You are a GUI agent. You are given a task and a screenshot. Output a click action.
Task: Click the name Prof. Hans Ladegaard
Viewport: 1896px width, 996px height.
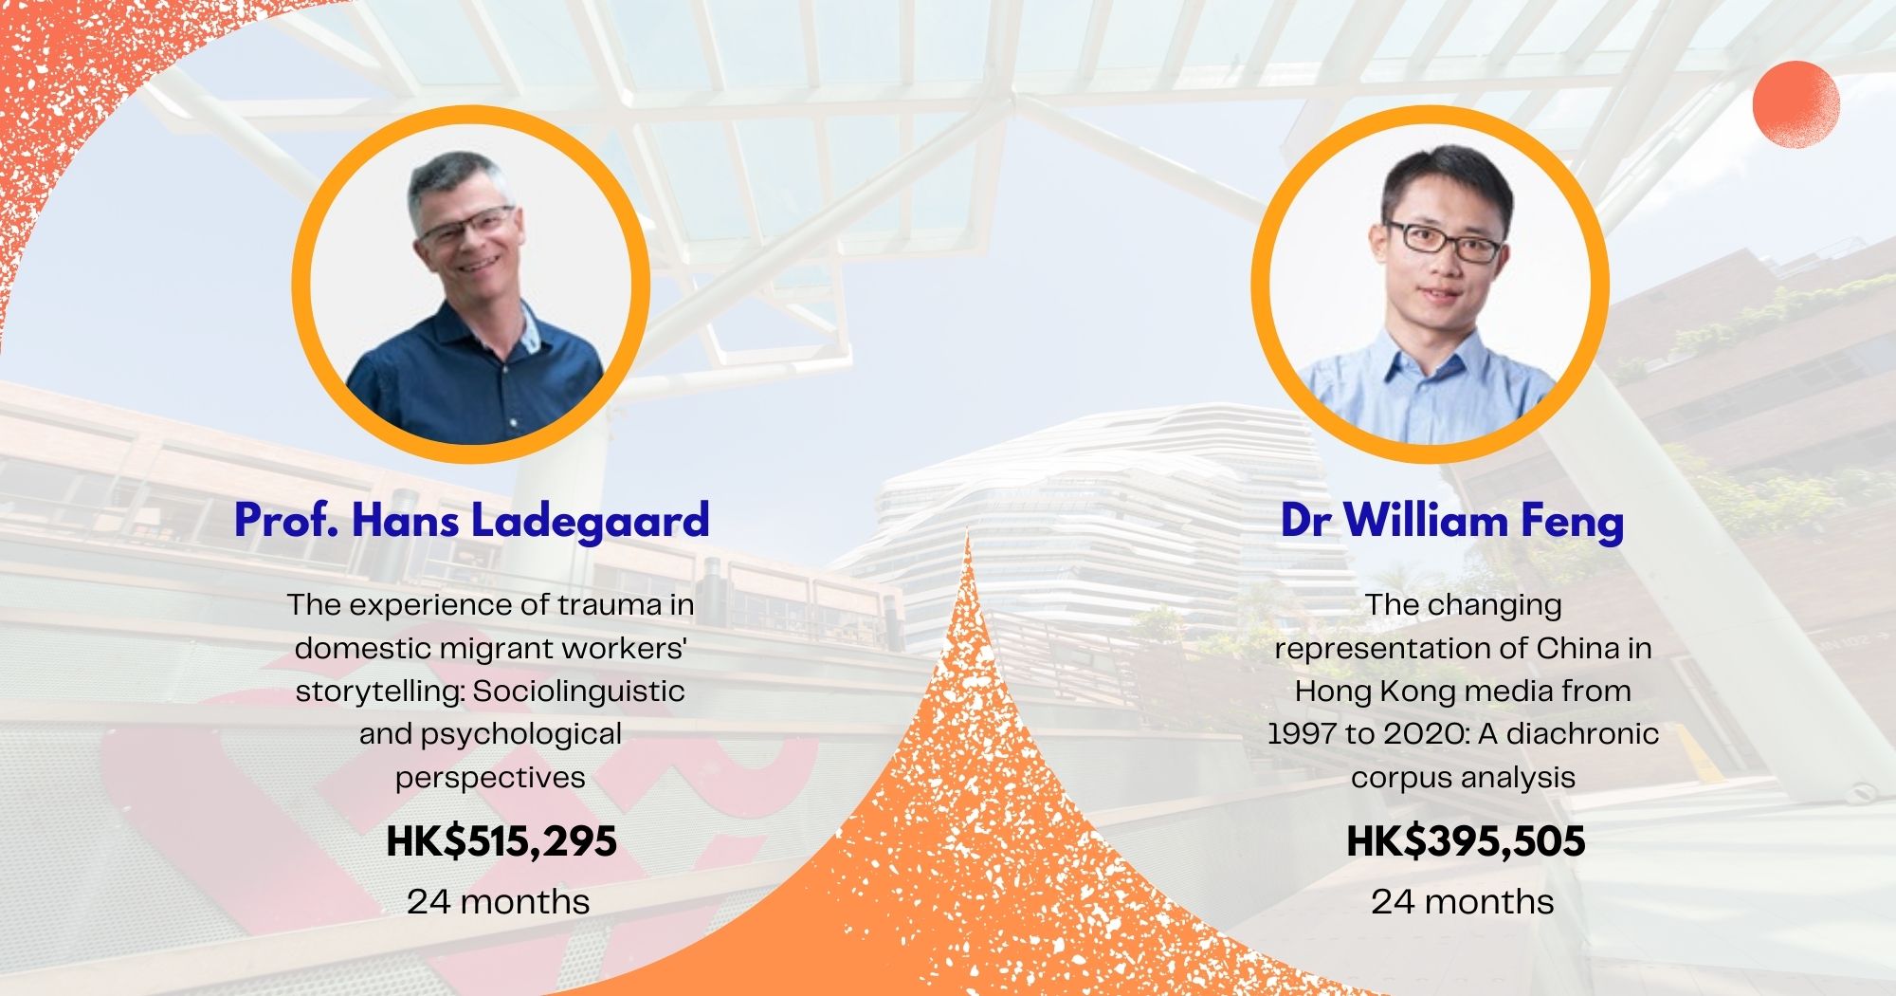coord(472,521)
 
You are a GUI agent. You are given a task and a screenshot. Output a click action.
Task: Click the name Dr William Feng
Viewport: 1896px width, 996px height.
coord(1452,521)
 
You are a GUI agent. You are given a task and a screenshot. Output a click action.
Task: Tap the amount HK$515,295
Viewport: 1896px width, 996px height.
coord(501,841)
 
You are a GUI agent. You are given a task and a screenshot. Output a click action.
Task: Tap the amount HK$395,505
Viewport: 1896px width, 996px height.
coord(1466,841)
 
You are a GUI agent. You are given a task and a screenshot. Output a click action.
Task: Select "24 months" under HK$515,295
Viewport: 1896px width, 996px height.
coord(499,901)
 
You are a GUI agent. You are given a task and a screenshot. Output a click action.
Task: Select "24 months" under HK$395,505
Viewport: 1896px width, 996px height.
coord(1463,901)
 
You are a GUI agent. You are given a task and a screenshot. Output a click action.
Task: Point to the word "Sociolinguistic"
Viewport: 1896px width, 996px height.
coord(578,691)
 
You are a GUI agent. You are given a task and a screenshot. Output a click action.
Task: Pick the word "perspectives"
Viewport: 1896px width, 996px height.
coord(490,778)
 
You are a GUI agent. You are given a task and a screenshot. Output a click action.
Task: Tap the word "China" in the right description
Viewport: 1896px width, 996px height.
coord(1578,648)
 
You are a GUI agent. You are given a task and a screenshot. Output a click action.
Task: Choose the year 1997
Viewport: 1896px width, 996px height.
coord(1301,734)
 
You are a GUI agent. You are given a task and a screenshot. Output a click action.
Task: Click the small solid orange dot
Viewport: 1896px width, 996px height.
coord(1796,104)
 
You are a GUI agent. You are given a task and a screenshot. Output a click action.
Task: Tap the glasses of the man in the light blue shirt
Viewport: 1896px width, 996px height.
coord(1443,242)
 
